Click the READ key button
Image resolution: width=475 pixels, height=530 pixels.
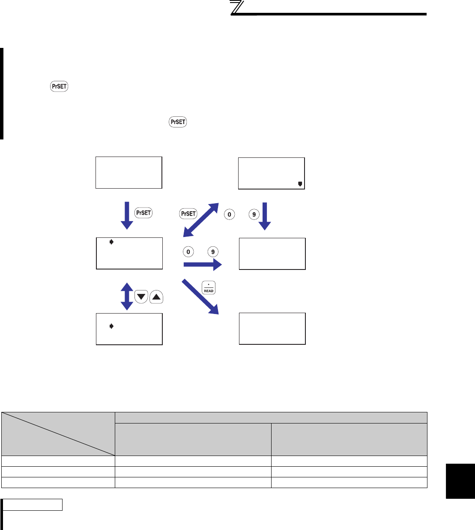[x=209, y=288]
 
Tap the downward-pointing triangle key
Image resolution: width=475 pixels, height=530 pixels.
[x=141, y=297]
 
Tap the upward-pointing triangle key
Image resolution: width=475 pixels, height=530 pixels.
[x=156, y=297]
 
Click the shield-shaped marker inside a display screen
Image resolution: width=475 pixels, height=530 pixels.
[x=300, y=184]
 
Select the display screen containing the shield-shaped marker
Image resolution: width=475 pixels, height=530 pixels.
[x=271, y=173]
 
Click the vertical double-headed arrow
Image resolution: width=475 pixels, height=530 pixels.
[x=127, y=296]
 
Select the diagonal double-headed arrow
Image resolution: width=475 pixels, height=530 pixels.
[x=201, y=220]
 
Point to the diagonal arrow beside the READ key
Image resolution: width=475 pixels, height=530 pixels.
[x=200, y=296]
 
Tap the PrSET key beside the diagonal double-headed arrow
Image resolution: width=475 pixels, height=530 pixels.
[x=188, y=213]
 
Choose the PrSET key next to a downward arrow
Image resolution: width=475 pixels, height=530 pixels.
[x=143, y=213]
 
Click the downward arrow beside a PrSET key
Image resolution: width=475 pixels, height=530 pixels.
[x=127, y=215]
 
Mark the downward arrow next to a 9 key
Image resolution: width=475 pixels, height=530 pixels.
[x=265, y=216]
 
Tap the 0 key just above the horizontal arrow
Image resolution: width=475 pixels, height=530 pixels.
[x=188, y=252]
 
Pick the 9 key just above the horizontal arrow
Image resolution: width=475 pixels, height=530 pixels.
[x=213, y=252]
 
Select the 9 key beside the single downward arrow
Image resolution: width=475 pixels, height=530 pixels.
[x=254, y=214]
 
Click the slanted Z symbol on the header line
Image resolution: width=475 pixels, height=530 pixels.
[x=237, y=8]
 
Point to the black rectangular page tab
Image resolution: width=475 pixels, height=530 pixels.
[x=460, y=481]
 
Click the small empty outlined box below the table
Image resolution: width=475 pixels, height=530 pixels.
[x=33, y=505]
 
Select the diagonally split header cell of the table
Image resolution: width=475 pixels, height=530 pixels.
[x=58, y=434]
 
